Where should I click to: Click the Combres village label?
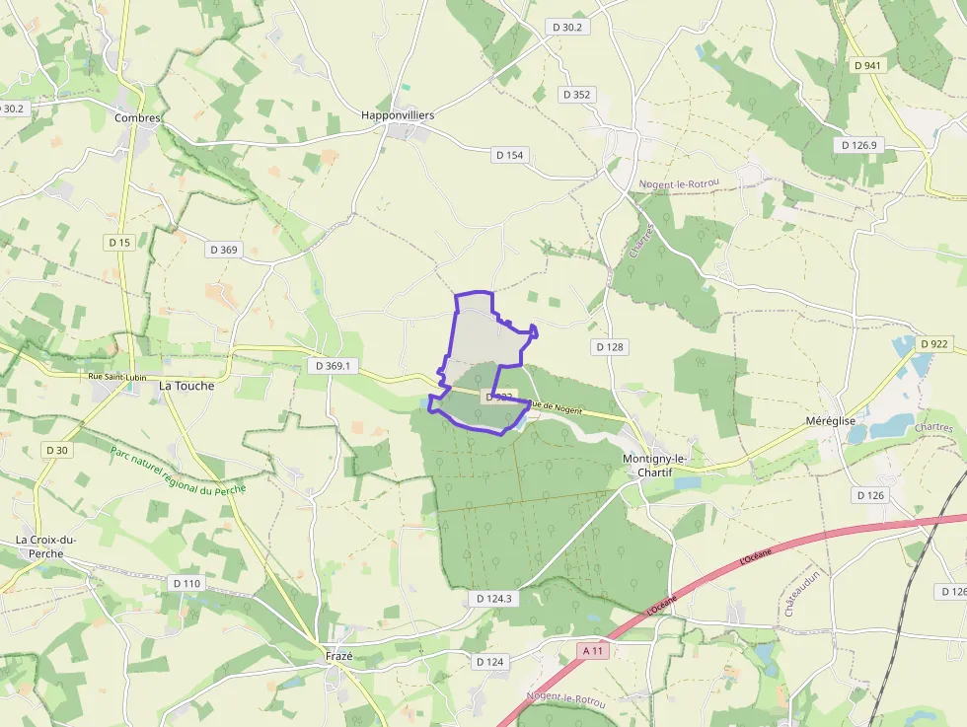coord(137,117)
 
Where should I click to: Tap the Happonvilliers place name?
coord(398,115)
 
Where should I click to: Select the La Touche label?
coord(186,386)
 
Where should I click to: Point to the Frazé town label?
coord(338,656)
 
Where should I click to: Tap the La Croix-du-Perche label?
coord(46,546)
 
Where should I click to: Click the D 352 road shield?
coord(575,95)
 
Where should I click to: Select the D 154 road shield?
coord(510,155)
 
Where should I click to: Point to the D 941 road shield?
coord(867,65)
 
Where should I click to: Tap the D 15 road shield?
coord(119,242)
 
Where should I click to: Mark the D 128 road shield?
coord(611,347)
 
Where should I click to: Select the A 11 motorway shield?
coord(593,651)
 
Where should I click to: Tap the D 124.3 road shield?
coord(492,599)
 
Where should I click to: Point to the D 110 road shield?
coord(186,583)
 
